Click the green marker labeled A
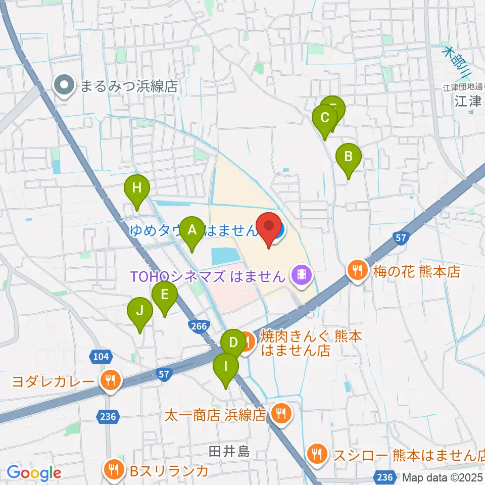pyautogui.click(x=192, y=231)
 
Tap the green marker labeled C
pyautogui.click(x=325, y=119)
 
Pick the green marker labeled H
pyautogui.click(x=137, y=189)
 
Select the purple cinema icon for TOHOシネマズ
pyautogui.click(x=302, y=275)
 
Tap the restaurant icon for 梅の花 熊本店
pyautogui.click(x=358, y=271)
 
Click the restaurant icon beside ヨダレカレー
pyautogui.click(x=110, y=380)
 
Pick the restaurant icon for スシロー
pyautogui.click(x=317, y=454)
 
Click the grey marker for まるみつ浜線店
pyautogui.click(x=65, y=86)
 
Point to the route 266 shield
pyautogui.click(x=199, y=327)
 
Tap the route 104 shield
pyautogui.click(x=101, y=357)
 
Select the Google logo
pyautogui.click(x=34, y=473)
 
